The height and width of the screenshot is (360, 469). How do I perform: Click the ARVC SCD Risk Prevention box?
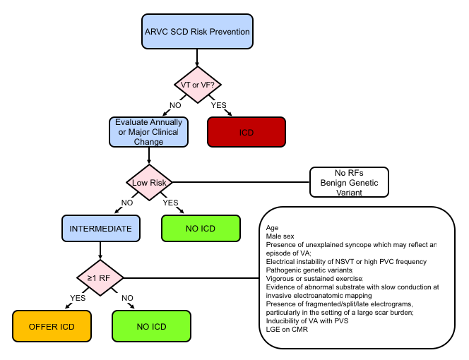197,32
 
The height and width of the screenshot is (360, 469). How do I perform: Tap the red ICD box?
246,132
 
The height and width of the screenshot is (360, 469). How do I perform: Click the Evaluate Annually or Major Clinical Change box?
148,132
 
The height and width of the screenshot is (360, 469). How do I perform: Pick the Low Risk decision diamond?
148,184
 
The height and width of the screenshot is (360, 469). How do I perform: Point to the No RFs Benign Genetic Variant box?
350,182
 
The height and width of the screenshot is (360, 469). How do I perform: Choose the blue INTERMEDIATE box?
100,229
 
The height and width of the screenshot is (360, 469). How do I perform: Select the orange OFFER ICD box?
53,327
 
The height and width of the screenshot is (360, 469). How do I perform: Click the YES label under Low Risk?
171,203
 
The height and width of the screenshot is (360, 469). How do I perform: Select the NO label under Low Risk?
127,203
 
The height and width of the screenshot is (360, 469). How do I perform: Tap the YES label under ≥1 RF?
77,297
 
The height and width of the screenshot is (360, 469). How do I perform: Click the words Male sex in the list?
282,236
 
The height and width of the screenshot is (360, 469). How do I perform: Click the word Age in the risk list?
272,227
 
